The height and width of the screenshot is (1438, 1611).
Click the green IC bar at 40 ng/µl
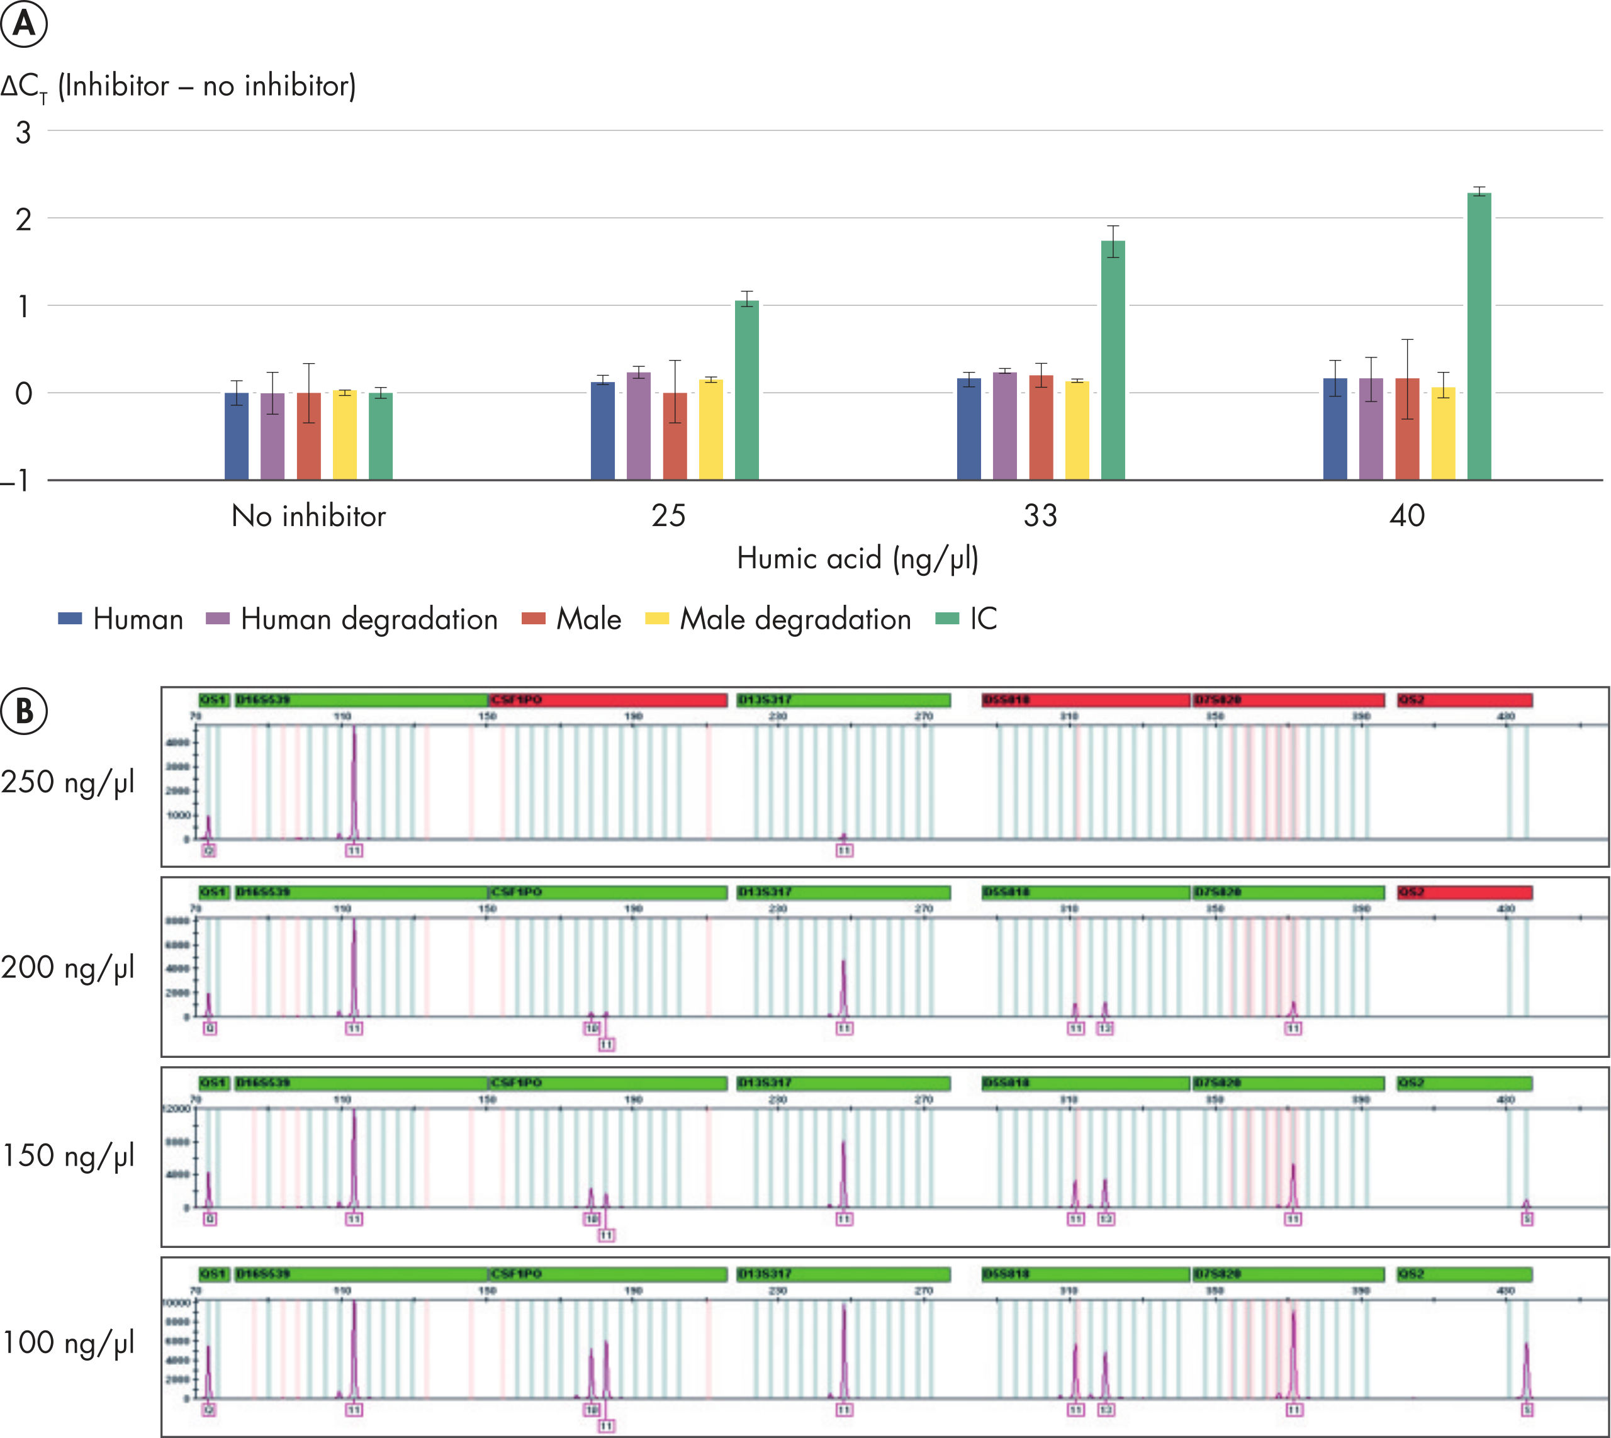1478,336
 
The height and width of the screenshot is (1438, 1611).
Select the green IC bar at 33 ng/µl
1113,359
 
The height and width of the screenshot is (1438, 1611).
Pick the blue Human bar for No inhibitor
236,435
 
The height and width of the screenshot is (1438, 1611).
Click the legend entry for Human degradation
352,619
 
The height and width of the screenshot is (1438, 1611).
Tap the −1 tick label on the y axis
18,480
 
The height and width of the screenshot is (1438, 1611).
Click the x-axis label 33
1040,516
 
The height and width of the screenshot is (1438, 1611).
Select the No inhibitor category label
308,516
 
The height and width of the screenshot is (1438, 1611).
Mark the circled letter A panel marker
24,24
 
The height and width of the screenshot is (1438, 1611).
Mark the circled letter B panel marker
24,711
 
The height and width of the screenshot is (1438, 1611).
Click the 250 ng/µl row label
68,782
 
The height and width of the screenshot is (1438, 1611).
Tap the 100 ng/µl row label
68,1342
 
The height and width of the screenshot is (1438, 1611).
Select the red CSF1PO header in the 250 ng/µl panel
607,700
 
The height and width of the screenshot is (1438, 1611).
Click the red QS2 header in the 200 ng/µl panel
1464,892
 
